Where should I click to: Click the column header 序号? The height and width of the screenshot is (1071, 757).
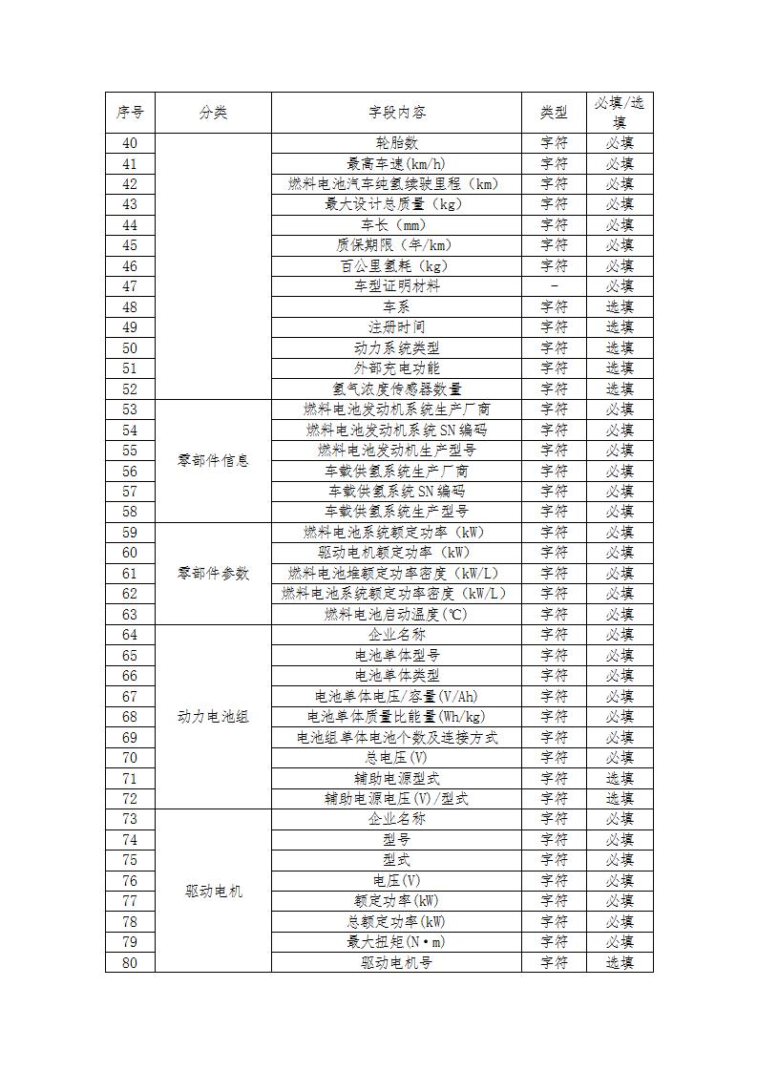[x=130, y=113]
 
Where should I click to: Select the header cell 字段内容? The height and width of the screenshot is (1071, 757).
[x=396, y=113]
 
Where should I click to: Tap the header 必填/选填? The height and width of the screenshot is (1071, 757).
[x=620, y=113]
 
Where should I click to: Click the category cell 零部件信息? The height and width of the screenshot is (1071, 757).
[x=213, y=460]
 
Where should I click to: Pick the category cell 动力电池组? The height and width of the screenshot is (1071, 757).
[x=213, y=716]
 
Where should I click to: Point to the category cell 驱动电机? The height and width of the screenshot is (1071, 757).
[x=213, y=891]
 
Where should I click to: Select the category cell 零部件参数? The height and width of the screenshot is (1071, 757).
[x=213, y=573]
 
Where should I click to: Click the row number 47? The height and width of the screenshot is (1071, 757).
[x=130, y=286]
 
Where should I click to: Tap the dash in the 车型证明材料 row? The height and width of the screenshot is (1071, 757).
[x=554, y=286]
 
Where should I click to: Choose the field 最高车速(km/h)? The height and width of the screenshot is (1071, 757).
[x=396, y=164]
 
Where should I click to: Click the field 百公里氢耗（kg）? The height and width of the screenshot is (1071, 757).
[x=396, y=266]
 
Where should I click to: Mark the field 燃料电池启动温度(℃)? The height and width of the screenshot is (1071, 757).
[x=396, y=614]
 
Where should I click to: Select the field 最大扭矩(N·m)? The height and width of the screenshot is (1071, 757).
[x=396, y=942]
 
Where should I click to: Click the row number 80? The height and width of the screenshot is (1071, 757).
[x=130, y=962]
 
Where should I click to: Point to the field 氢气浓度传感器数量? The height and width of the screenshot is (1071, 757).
[x=396, y=388]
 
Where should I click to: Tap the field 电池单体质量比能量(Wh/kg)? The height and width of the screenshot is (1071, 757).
[x=396, y=717]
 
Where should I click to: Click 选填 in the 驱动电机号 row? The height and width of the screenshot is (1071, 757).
[x=620, y=962]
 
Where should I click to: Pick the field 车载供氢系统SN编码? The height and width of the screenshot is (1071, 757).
[x=396, y=492]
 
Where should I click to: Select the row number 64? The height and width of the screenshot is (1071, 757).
[x=130, y=635]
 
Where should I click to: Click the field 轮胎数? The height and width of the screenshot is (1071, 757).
[x=396, y=143]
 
